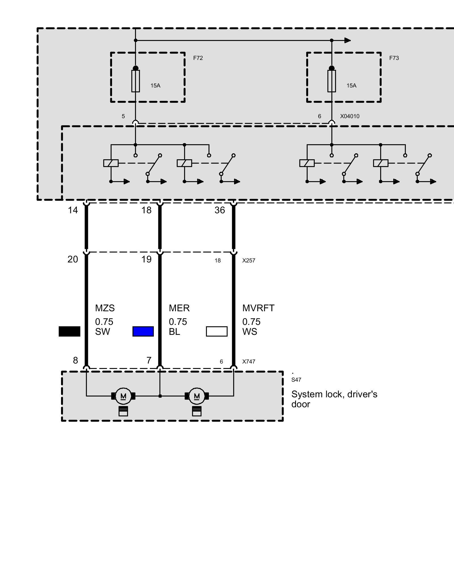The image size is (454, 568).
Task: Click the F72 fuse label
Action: pos(198,58)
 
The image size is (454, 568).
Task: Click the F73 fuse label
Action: pos(394,58)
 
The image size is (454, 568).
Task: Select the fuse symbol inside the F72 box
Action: pos(135,81)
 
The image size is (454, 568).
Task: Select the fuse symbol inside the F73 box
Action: pos(331,81)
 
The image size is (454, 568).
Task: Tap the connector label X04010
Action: pos(350,116)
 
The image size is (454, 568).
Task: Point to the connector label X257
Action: pos(249,260)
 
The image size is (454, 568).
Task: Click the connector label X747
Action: pos(249,362)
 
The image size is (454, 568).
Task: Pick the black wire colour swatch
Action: pos(69,331)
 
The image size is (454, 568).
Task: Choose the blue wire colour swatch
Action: pos(143,331)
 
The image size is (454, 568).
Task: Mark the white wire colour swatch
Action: pos(217,331)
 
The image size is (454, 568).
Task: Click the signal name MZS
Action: pos(105,308)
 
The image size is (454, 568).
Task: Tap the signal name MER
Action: pos(179,308)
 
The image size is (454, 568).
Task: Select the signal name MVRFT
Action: pos(258,308)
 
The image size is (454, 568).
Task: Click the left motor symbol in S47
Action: pos(123,396)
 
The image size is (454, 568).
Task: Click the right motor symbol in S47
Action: pos(197,396)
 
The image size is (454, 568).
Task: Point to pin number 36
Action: pos(220,210)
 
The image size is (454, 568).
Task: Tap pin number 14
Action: pos(73,210)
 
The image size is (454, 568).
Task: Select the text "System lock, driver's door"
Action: pos(334,399)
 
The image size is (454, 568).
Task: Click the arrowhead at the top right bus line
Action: pos(348,40)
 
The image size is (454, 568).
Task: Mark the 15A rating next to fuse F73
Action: pos(351,85)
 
